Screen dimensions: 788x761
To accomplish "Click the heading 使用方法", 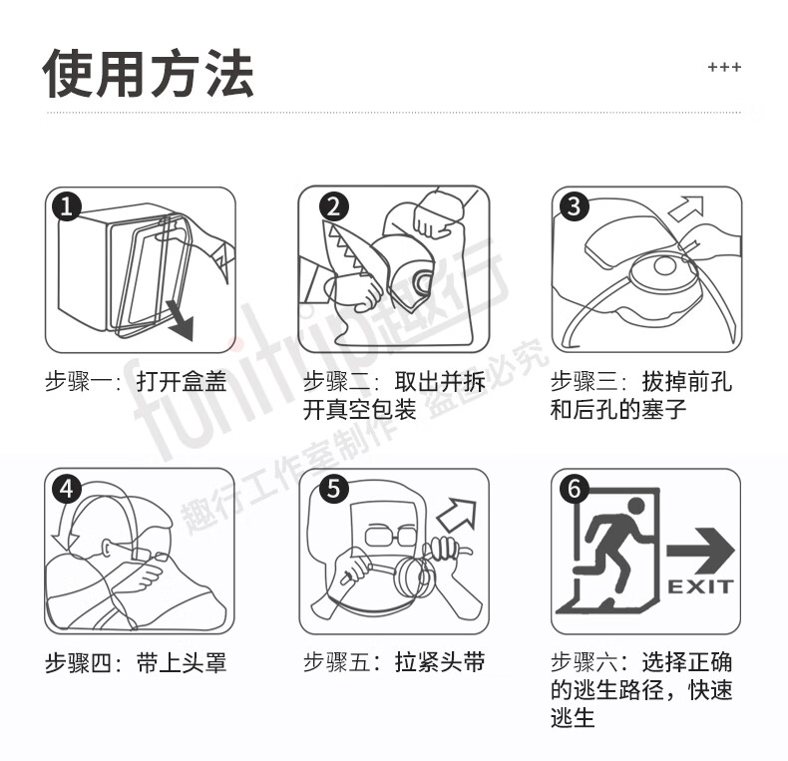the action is (149, 74).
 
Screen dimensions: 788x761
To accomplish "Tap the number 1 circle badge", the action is (67, 205).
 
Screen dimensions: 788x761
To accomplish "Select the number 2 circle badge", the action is (334, 206).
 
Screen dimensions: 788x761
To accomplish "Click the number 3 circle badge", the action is (574, 206).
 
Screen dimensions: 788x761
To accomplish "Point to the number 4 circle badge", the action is (67, 488).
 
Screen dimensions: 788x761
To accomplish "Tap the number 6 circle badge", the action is (574, 488).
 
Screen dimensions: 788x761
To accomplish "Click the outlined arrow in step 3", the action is (687, 208).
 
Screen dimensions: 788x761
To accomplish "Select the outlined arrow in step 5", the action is (457, 515).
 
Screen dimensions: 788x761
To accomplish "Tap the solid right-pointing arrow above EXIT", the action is (700, 551).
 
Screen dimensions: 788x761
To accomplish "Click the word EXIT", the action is (700, 586).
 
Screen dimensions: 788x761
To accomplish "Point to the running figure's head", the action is (635, 507).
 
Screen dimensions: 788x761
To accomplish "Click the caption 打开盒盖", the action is (182, 382).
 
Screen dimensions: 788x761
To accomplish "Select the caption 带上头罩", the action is (182, 663).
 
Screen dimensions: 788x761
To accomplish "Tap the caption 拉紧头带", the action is (440, 661).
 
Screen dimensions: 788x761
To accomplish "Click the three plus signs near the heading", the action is (724, 67).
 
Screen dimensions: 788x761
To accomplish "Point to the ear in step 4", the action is (108, 548).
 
